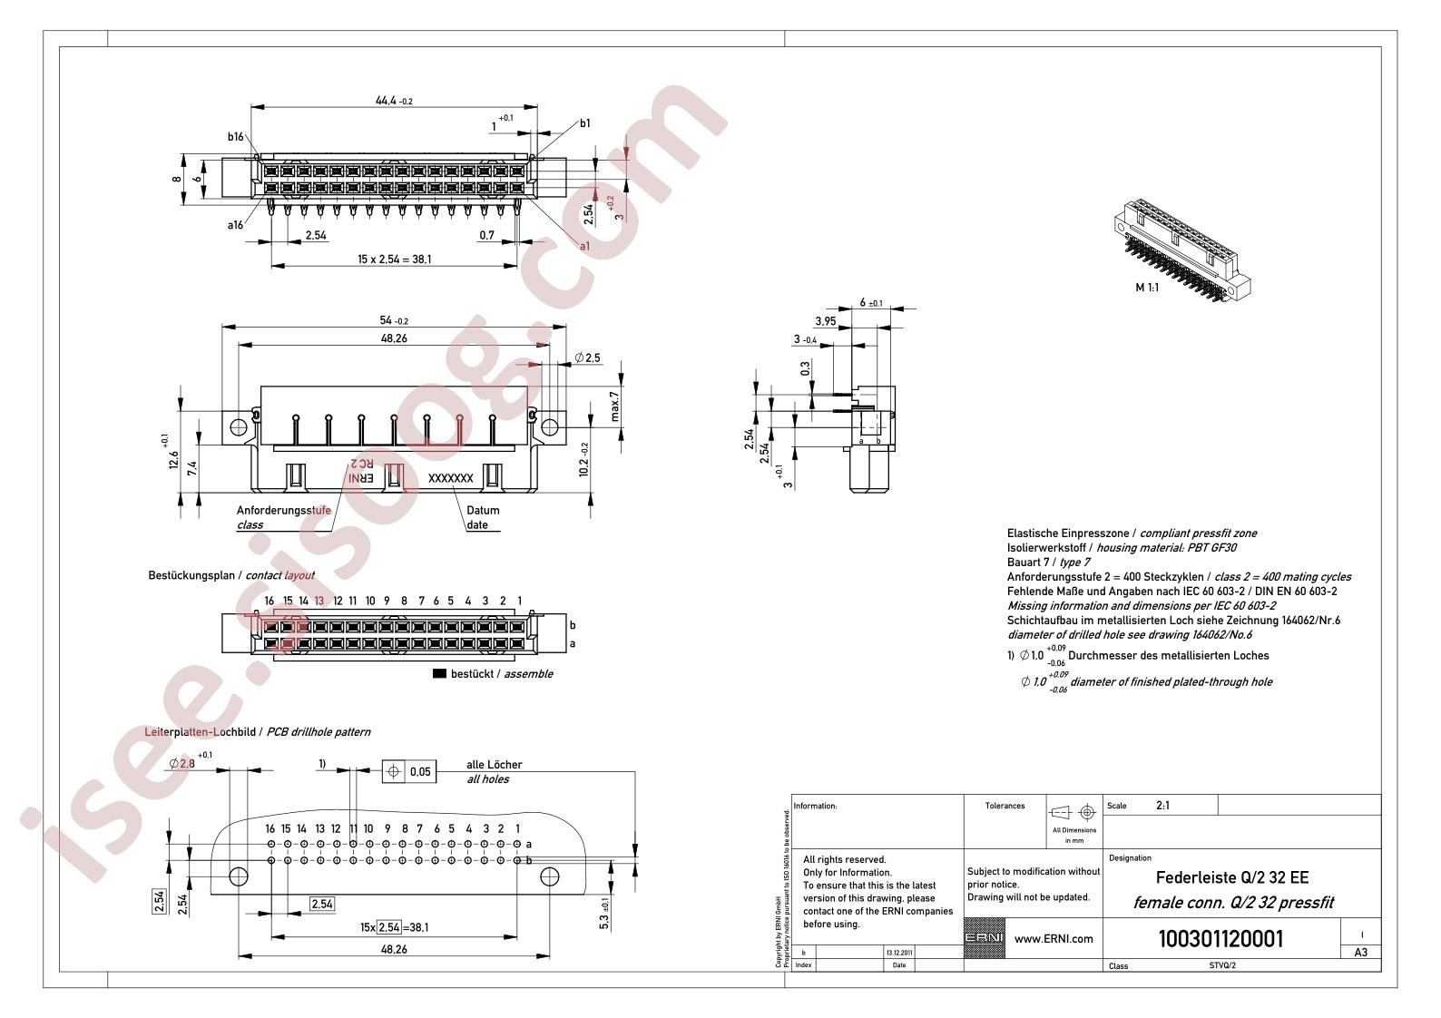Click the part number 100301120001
coord(1221,938)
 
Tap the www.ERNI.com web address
coord(1053,939)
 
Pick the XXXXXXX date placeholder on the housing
coord(450,477)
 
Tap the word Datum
coord(483,510)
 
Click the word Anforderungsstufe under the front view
coord(283,510)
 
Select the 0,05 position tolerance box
coord(419,772)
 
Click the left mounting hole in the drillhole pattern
coord(239,876)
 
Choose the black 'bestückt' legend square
coord(440,674)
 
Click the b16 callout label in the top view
coord(236,137)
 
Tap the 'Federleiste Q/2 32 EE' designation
coord(1231,878)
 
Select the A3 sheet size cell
coord(1360,953)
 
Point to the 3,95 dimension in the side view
coord(825,320)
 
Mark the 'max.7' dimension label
coord(614,406)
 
